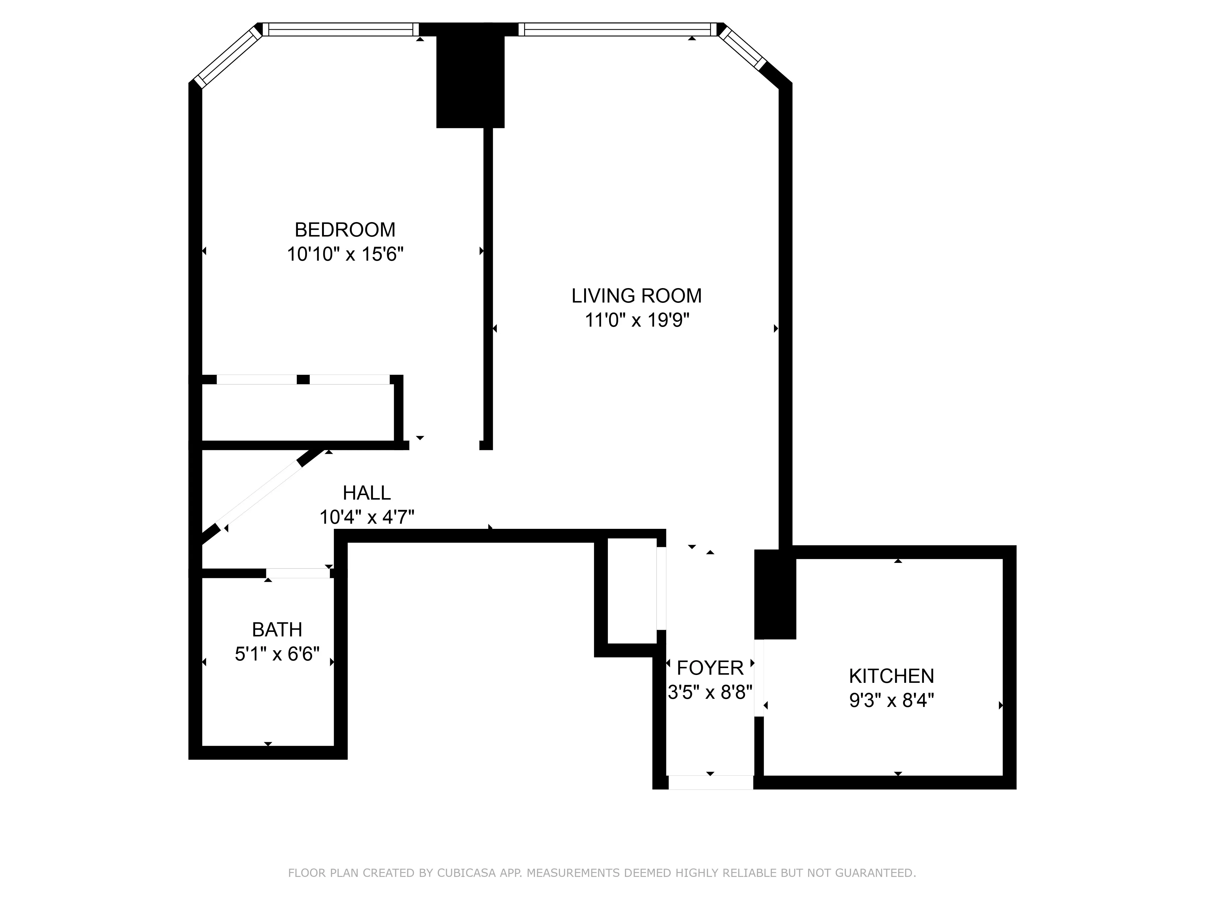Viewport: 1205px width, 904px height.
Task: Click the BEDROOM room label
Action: click(345, 230)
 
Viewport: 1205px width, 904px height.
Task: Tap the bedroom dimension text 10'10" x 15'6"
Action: click(345, 254)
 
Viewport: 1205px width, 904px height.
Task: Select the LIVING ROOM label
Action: click(636, 296)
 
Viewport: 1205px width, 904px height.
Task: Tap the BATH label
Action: click(277, 630)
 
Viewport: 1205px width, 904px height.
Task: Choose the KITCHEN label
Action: click(891, 676)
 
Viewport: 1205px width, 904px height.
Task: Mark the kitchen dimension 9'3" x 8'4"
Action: click(891, 700)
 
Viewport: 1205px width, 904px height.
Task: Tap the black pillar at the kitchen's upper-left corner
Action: click(775, 594)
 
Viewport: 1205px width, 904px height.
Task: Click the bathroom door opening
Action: click(298, 573)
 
